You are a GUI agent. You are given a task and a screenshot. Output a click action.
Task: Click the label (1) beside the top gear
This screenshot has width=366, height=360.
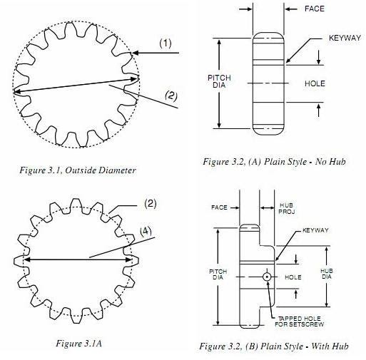tap(165, 43)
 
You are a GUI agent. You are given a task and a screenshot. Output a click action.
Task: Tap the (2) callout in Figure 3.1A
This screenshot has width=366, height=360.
tap(150, 204)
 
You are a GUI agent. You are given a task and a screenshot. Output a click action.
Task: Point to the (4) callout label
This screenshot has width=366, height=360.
tap(146, 230)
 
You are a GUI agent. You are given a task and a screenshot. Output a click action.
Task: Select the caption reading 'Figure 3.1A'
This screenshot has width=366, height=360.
tap(78, 343)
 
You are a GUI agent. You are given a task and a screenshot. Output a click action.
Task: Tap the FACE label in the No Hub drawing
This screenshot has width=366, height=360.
tap(315, 9)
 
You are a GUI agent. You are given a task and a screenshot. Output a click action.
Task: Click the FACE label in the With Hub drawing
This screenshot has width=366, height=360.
tap(219, 207)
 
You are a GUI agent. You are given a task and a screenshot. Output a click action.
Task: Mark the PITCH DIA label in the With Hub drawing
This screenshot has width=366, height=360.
tap(218, 274)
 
